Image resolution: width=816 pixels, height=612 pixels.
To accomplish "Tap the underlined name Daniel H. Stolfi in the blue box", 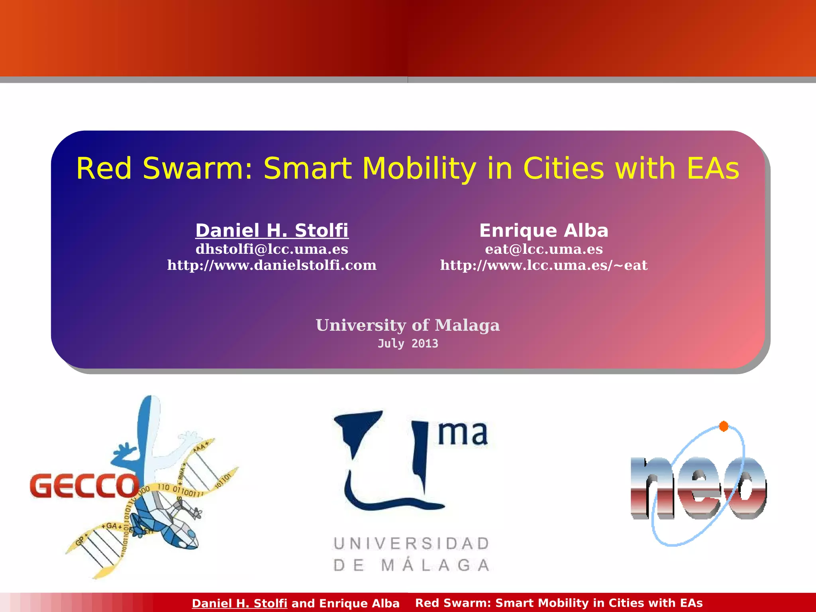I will pyautogui.click(x=272, y=231).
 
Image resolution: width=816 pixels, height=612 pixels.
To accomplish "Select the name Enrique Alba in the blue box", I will pyautogui.click(x=543, y=231).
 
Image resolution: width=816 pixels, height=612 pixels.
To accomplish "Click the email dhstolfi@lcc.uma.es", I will pyautogui.click(x=272, y=249).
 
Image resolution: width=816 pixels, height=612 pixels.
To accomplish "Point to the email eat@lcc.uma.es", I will pyautogui.click(x=543, y=249).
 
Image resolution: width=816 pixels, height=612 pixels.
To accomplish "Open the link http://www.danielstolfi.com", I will pyautogui.click(x=272, y=265).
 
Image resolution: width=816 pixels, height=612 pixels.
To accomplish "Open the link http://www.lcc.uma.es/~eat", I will pyautogui.click(x=543, y=265).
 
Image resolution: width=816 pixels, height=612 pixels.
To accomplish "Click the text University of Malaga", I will pyautogui.click(x=408, y=325).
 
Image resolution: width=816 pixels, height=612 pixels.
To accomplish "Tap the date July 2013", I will pyautogui.click(x=408, y=343).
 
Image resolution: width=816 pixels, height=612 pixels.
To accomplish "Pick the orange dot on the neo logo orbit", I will pyautogui.click(x=724, y=426).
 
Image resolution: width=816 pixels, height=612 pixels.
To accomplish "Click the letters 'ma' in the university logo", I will pyautogui.click(x=462, y=433).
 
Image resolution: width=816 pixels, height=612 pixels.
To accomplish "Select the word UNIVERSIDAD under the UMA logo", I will pyautogui.click(x=411, y=543).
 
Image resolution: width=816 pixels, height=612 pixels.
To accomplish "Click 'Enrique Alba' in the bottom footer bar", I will pyautogui.click(x=359, y=603).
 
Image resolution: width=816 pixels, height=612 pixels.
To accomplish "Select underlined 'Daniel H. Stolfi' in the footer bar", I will pyautogui.click(x=239, y=603).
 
